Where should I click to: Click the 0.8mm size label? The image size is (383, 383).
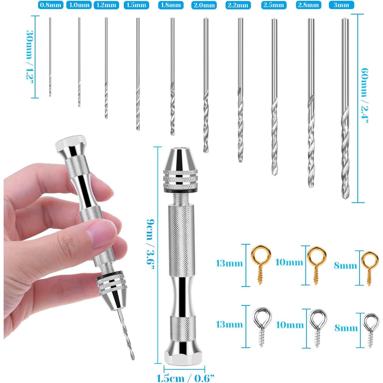[x=50, y=5]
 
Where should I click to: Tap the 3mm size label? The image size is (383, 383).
[x=341, y=5]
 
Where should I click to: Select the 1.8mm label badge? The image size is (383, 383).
[x=171, y=5]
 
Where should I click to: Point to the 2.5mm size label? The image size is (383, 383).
[x=274, y=5]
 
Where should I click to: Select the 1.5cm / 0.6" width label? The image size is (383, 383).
[x=185, y=378]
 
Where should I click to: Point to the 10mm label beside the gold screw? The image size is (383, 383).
[x=289, y=262]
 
